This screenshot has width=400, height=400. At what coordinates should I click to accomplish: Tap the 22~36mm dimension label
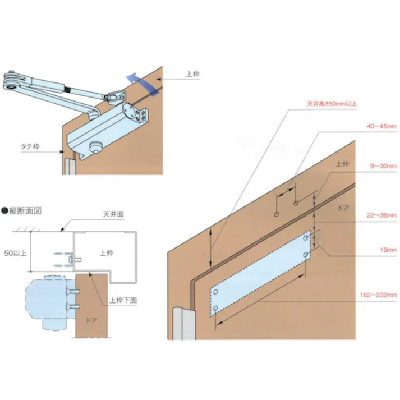click(x=383, y=215)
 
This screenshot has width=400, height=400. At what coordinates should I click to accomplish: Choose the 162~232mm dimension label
click(x=380, y=295)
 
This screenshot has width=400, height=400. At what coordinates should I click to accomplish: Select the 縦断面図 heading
click(x=25, y=212)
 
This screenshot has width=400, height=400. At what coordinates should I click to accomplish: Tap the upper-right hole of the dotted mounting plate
click(x=306, y=238)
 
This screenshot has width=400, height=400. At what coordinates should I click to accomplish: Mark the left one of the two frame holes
click(x=277, y=214)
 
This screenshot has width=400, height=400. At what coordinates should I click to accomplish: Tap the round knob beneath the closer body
click(x=96, y=149)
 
